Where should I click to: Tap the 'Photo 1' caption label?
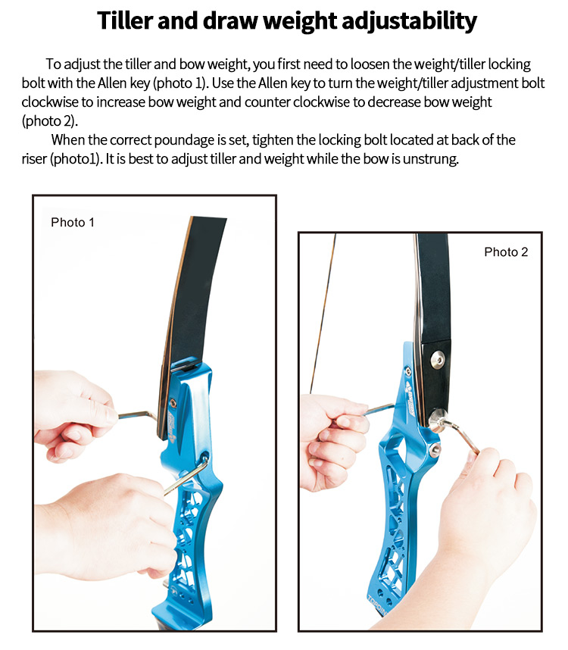(x=73, y=222)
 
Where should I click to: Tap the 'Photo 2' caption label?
(x=506, y=252)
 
